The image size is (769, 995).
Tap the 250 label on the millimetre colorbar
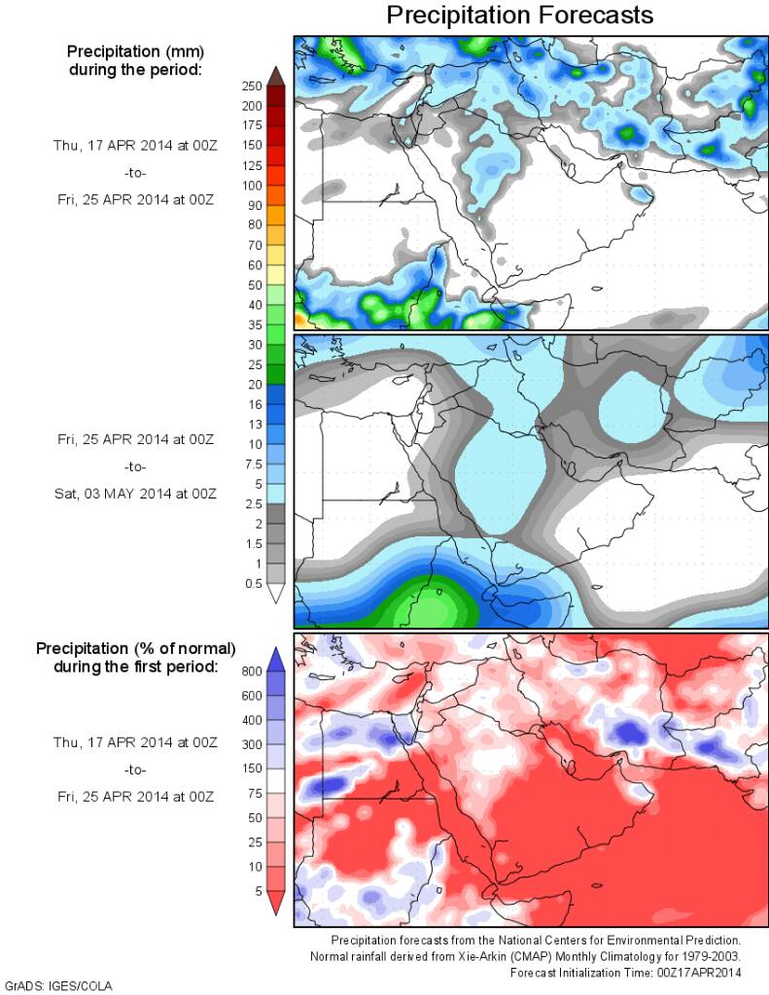[251, 86]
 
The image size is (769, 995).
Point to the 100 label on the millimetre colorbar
[251, 185]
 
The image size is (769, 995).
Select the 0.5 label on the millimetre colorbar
[252, 583]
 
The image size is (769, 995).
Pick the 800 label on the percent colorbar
[252, 670]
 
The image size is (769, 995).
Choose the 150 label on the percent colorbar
[252, 768]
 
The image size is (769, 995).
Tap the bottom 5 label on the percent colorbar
[257, 889]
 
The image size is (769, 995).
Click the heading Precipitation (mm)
[135, 50]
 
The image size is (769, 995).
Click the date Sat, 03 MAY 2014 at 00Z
[134, 494]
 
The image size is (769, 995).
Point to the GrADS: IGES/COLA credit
[59, 985]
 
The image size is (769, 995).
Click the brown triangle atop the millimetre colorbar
[275, 76]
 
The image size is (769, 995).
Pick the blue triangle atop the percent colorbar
[275, 659]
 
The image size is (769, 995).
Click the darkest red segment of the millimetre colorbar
[275, 96]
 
